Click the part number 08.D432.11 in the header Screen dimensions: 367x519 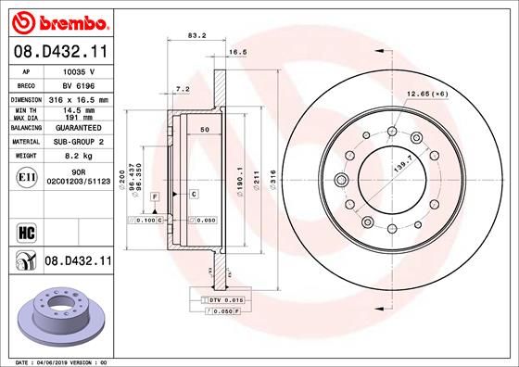click(59, 52)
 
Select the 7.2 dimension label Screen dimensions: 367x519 click(184, 89)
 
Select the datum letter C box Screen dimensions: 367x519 click(194, 194)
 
